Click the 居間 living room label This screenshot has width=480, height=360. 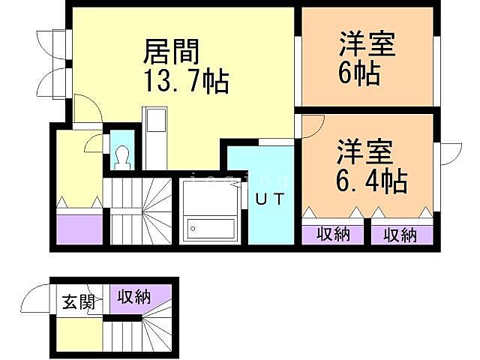[172, 52]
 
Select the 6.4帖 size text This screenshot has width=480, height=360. [370, 180]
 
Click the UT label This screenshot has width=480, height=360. [270, 199]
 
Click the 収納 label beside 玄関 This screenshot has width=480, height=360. [134, 296]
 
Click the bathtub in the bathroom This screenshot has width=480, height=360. [211, 226]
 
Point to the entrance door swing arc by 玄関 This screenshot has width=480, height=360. [36, 300]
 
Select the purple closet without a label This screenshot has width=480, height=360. [79, 227]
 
